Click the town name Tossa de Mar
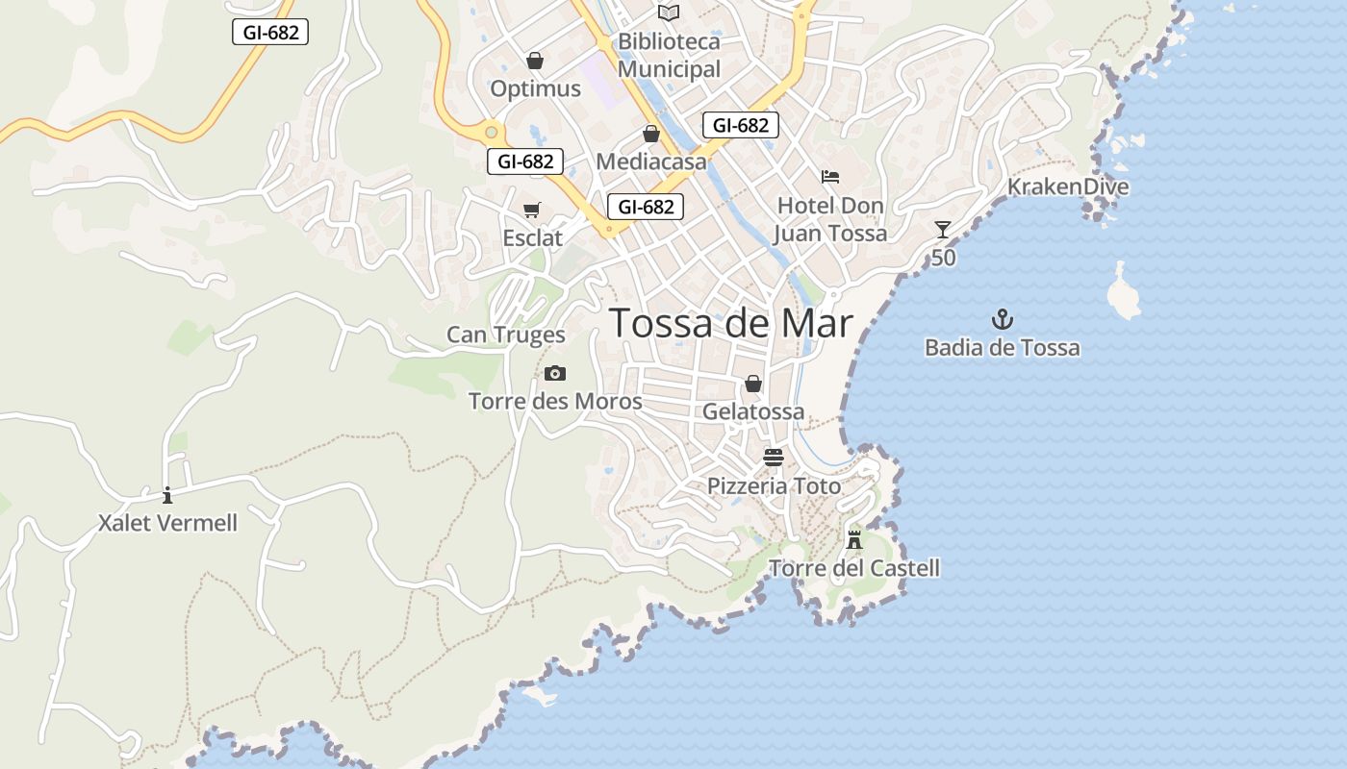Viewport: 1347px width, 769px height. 731,323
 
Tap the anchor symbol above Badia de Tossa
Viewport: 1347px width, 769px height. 1003,319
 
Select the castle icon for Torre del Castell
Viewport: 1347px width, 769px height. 853,538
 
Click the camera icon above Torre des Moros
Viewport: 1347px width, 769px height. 554,373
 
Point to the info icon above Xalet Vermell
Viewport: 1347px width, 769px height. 167,495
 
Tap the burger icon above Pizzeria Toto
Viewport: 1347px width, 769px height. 774,457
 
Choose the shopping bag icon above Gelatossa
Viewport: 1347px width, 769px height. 753,384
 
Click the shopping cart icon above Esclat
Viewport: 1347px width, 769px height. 532,210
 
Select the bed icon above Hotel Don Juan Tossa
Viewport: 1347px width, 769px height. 830,176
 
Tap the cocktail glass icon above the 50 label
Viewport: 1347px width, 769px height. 943,229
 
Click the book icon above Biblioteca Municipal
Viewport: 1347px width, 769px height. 669,12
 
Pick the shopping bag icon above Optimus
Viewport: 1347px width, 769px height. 535,61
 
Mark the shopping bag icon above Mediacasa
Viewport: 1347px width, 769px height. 651,134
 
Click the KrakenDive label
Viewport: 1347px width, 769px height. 1067,186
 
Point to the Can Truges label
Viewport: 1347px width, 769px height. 505,335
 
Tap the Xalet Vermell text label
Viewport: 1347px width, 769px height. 167,523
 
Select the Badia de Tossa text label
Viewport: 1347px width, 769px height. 1002,347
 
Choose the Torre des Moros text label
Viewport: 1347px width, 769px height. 555,401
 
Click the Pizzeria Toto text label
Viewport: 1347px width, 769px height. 774,485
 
